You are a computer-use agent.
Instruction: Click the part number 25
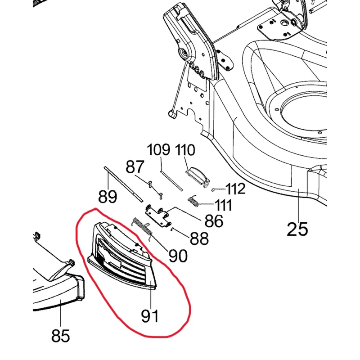point(297,228)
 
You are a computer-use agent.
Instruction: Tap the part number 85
point(61,335)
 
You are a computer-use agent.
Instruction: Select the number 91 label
point(150,315)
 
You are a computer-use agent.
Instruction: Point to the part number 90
point(177,256)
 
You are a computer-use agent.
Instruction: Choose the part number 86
point(213,221)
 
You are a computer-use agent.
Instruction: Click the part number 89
point(108,197)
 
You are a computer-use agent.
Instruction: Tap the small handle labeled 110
point(198,175)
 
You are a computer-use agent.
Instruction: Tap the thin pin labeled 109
point(171,178)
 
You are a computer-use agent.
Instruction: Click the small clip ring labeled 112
point(213,189)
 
